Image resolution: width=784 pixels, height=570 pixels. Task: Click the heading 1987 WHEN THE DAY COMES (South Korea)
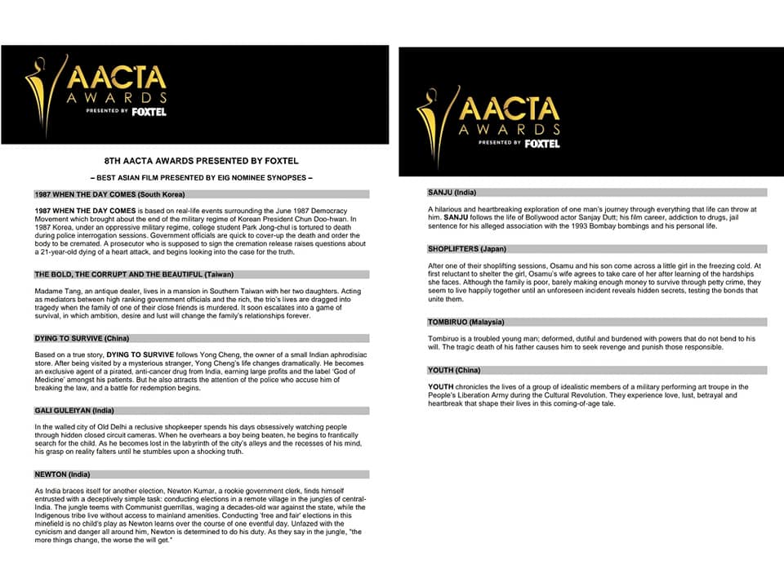point(109,194)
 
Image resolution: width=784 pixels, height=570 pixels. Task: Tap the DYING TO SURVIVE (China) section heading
point(82,337)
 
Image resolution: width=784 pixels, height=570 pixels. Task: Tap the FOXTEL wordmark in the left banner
point(149,111)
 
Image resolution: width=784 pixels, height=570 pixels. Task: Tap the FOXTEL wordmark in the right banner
point(542,144)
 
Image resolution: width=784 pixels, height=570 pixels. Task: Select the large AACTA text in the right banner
point(509,109)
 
